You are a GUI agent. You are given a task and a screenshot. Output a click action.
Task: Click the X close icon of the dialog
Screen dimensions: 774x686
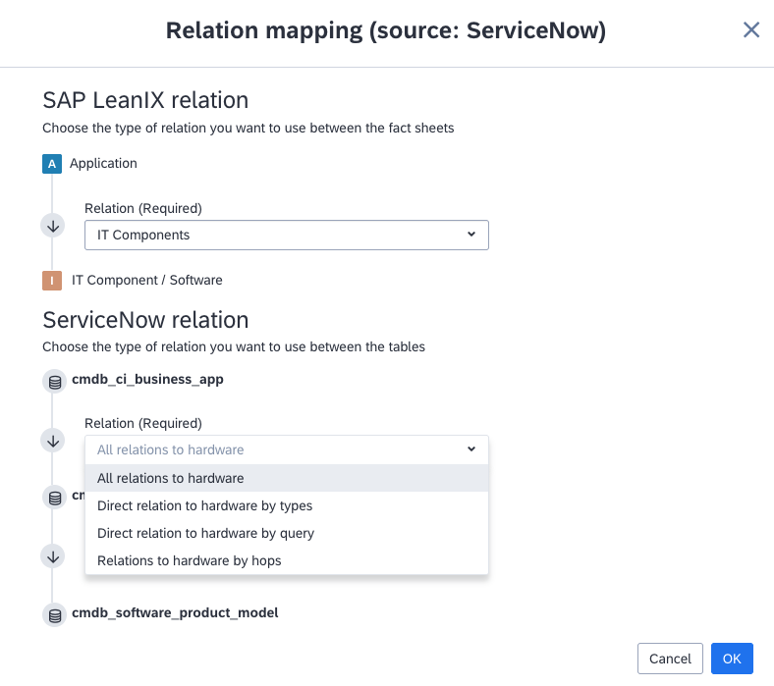tap(751, 29)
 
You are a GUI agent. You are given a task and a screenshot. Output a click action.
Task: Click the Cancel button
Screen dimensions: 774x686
tap(670, 659)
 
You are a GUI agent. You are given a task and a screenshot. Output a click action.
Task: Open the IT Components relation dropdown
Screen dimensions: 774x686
tap(286, 235)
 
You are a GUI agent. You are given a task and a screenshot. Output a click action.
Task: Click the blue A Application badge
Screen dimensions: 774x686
tap(52, 164)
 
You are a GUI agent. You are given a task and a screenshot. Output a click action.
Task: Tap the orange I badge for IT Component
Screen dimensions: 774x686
tap(52, 281)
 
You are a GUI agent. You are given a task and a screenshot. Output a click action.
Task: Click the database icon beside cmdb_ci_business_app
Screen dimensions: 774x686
tap(55, 382)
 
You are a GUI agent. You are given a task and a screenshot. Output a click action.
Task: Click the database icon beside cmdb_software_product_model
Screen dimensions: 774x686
tap(55, 615)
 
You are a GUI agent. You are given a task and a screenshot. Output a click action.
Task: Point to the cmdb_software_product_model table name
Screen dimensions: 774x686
tap(175, 613)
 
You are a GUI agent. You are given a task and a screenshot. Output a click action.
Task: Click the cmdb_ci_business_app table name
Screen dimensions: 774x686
tap(147, 379)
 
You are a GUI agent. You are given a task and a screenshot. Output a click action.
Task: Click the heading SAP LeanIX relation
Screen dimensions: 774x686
tap(145, 100)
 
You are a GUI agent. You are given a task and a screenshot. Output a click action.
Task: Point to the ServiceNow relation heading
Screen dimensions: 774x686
tap(145, 320)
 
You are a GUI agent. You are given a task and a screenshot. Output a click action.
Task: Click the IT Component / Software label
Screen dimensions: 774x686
tap(147, 280)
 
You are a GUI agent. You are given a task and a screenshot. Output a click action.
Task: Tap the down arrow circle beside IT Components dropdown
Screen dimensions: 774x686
tap(53, 226)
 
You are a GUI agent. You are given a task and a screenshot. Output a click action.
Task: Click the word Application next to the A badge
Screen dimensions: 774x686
tap(103, 163)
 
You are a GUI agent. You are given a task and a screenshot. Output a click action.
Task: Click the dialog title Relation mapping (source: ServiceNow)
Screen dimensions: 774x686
tap(385, 30)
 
